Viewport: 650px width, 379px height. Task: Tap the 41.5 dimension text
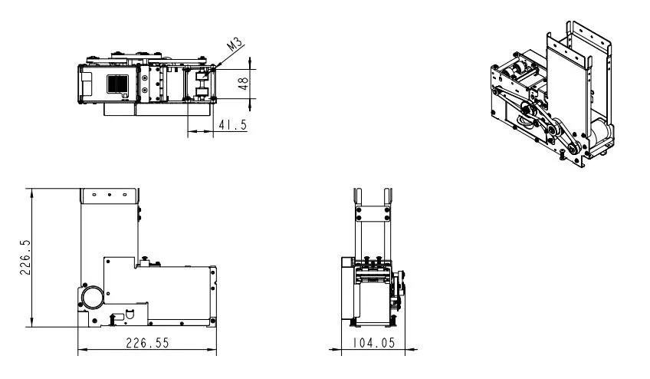pos(232,125)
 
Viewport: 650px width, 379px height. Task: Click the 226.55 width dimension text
pos(147,344)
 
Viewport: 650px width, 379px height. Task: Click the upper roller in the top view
pos(201,74)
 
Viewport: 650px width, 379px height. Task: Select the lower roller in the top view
pos(201,94)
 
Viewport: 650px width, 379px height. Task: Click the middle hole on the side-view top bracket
pos(110,195)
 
